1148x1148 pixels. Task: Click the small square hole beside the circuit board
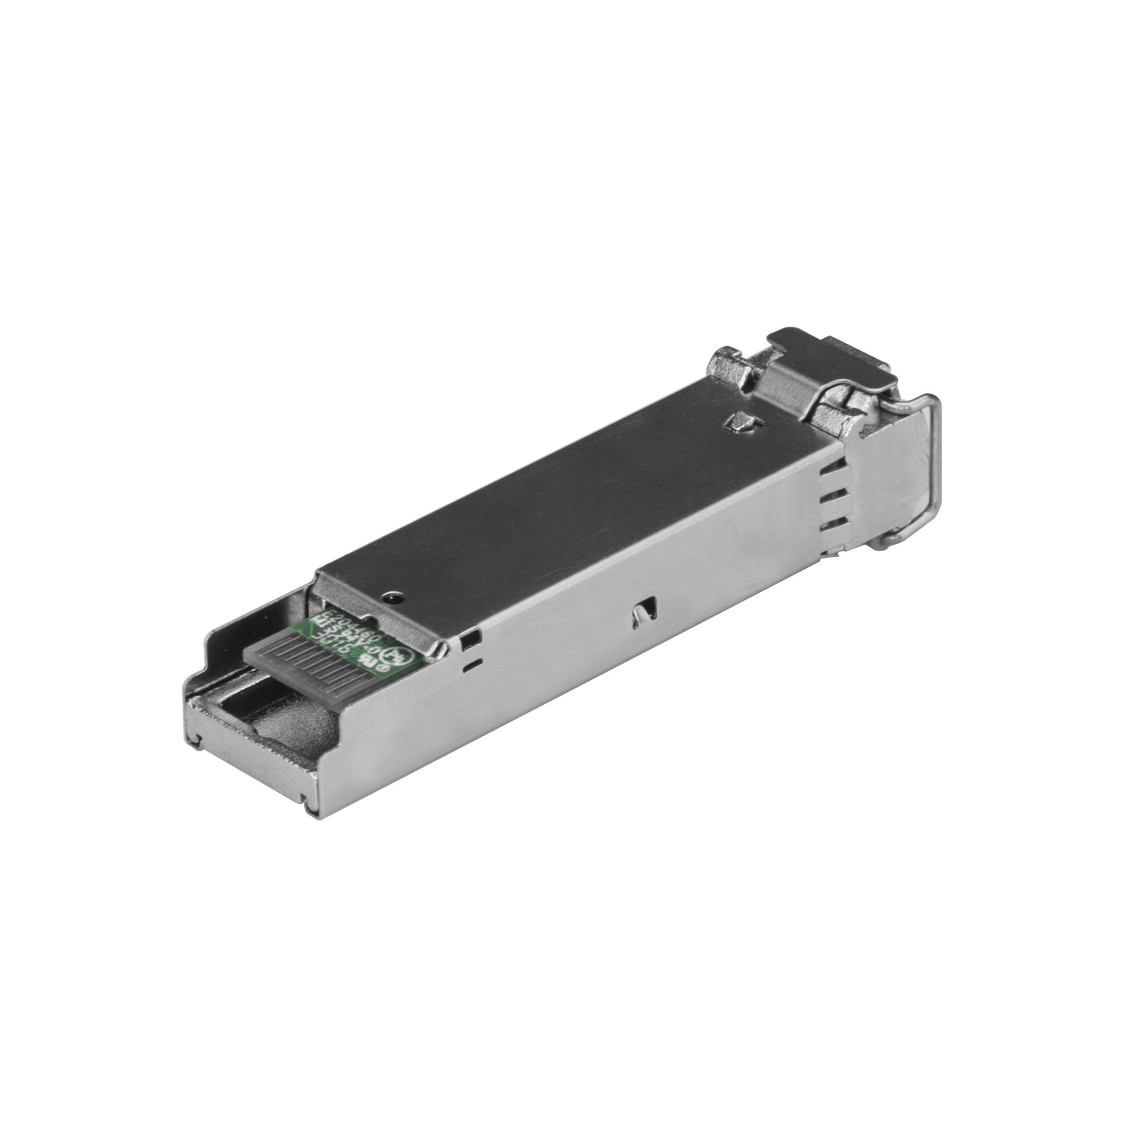click(471, 640)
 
